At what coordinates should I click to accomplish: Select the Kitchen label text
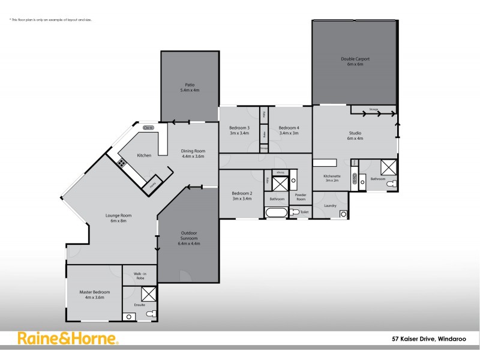[144, 155]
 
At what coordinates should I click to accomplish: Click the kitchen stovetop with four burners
[122, 161]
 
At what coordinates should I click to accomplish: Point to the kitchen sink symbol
[148, 127]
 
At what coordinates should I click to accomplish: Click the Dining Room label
[194, 154]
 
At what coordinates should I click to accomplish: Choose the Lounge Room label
[118, 218]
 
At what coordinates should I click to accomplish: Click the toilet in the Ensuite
[152, 314]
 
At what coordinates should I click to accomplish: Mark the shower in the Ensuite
[148, 294]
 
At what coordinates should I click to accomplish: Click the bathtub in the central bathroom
[277, 212]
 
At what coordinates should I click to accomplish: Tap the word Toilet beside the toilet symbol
[304, 212]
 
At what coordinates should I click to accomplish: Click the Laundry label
[330, 206]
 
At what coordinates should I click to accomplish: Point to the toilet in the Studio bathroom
[391, 183]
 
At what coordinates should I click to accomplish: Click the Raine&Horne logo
[68, 338]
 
